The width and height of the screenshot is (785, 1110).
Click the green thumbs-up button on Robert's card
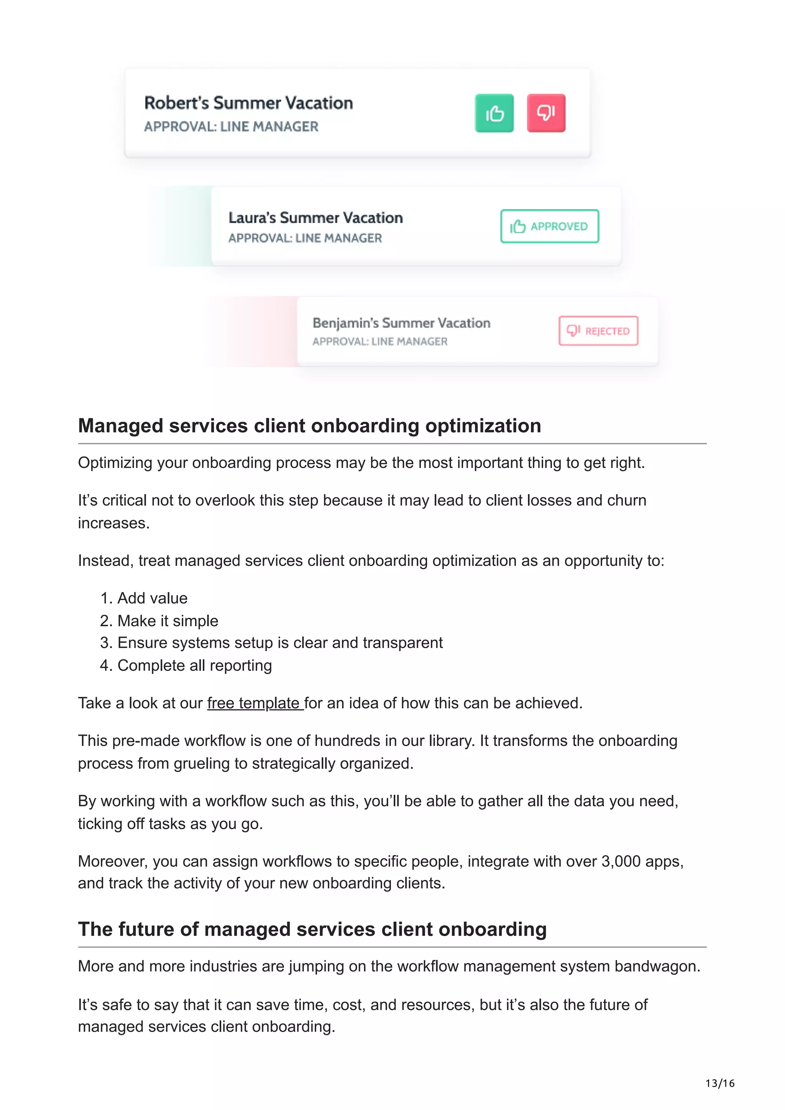(494, 113)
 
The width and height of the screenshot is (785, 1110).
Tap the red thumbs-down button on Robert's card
(545, 113)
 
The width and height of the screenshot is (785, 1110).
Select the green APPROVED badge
(549, 226)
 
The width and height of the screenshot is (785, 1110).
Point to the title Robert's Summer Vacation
(249, 103)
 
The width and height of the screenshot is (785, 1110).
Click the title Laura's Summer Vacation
(315, 218)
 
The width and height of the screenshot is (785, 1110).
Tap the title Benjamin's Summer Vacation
(401, 323)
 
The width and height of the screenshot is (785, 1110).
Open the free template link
(255, 703)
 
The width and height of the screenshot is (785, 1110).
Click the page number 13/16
(719, 1083)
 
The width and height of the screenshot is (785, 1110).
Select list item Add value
(152, 598)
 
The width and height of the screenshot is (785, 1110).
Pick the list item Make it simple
(168, 621)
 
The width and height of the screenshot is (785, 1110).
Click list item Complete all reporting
(194, 666)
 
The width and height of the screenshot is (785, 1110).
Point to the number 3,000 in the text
(621, 861)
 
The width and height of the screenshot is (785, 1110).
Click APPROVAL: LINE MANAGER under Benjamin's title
(380, 341)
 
